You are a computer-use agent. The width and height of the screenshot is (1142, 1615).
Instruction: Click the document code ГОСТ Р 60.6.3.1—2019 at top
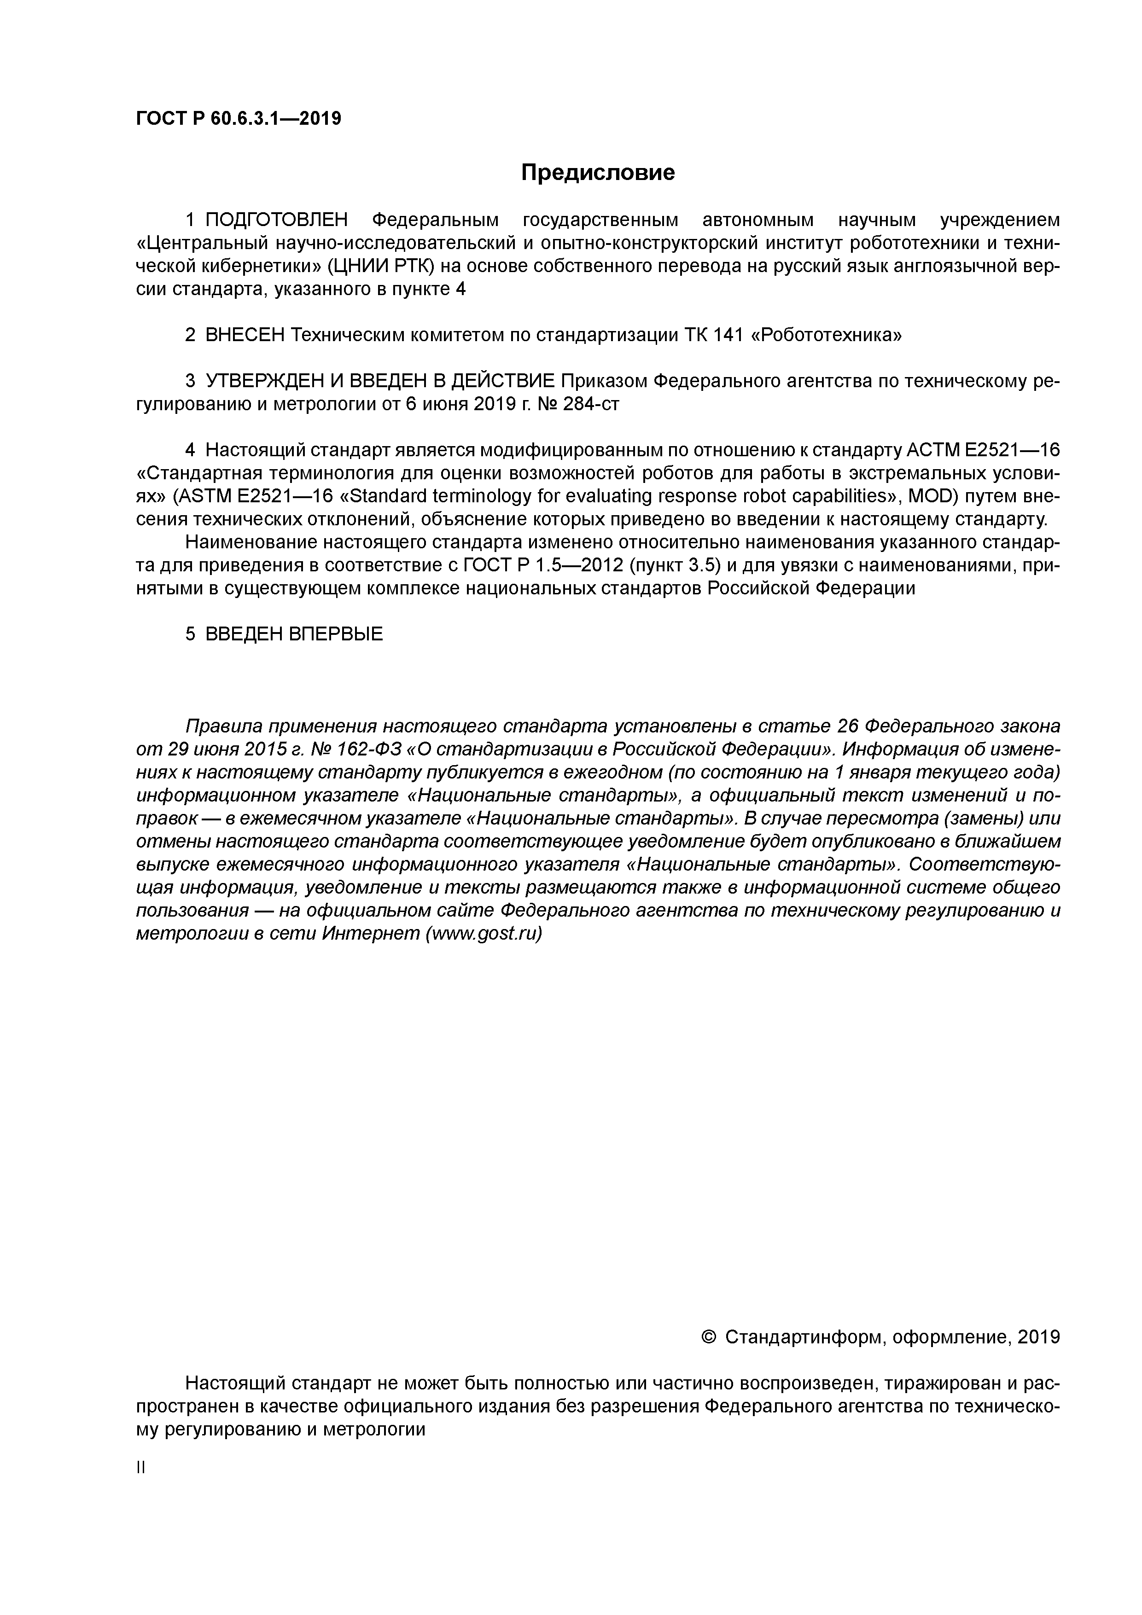click(x=238, y=119)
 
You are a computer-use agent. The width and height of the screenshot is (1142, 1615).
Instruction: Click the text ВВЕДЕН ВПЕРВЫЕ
click(x=294, y=634)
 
